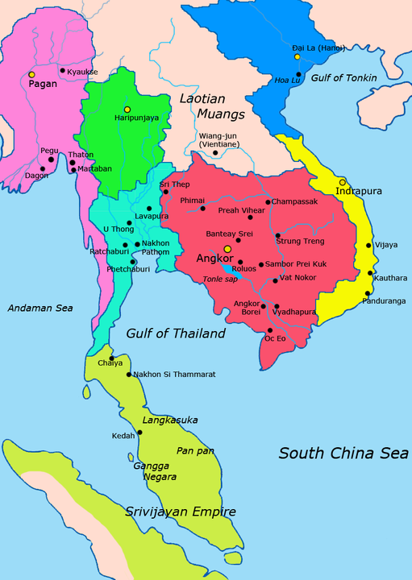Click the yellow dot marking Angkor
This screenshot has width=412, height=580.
tap(228, 249)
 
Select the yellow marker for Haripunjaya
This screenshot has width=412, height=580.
tap(127, 109)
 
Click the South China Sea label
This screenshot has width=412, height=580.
tap(343, 454)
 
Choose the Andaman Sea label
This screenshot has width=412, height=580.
tap(40, 308)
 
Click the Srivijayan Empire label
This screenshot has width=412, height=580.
tap(181, 512)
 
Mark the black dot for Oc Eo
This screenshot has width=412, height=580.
tap(269, 330)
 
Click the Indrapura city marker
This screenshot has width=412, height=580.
tap(343, 182)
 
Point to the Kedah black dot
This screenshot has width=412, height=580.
tap(139, 433)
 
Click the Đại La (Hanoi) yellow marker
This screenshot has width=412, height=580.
tap(298, 57)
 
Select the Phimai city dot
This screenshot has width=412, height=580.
tap(202, 209)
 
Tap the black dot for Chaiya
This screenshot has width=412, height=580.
tap(112, 358)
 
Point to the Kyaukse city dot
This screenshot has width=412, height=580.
tap(62, 70)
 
